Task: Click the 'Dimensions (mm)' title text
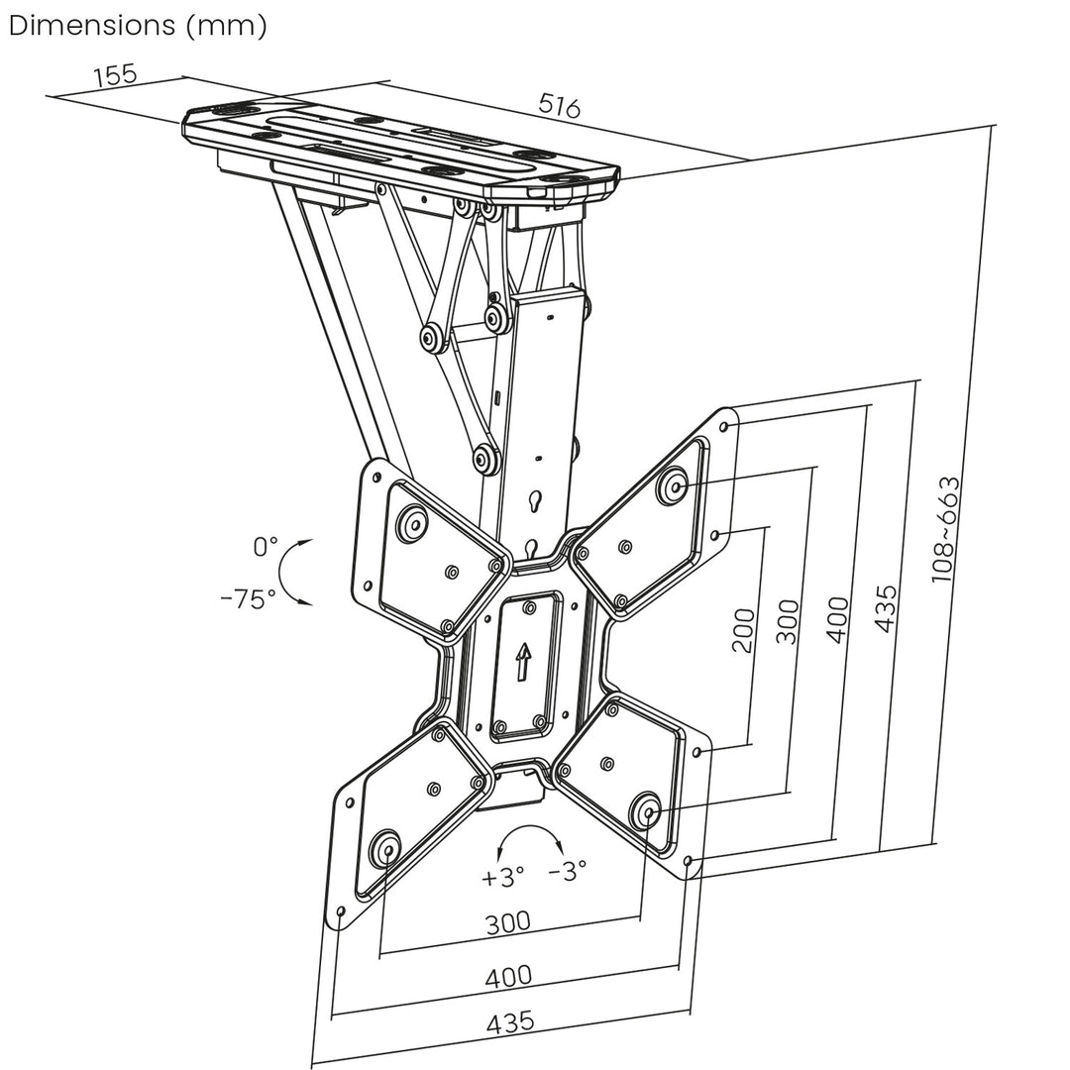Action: pyautogui.click(x=138, y=26)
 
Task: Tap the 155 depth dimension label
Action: pyautogui.click(x=115, y=75)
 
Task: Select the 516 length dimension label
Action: pyautogui.click(x=559, y=106)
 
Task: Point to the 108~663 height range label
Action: pyautogui.click(x=946, y=528)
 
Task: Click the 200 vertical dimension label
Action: pyautogui.click(x=742, y=630)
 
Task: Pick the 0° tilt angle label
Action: pyautogui.click(x=266, y=546)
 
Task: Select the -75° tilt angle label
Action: pyautogui.click(x=249, y=598)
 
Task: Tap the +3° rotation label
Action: pyautogui.click(x=503, y=877)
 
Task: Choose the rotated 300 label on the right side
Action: pyautogui.click(x=788, y=621)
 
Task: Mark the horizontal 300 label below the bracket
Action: pyautogui.click(x=507, y=922)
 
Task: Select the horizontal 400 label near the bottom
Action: pyautogui.click(x=508, y=976)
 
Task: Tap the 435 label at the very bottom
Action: pyautogui.click(x=510, y=1021)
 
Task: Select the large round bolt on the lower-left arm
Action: pyautogui.click(x=384, y=850)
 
